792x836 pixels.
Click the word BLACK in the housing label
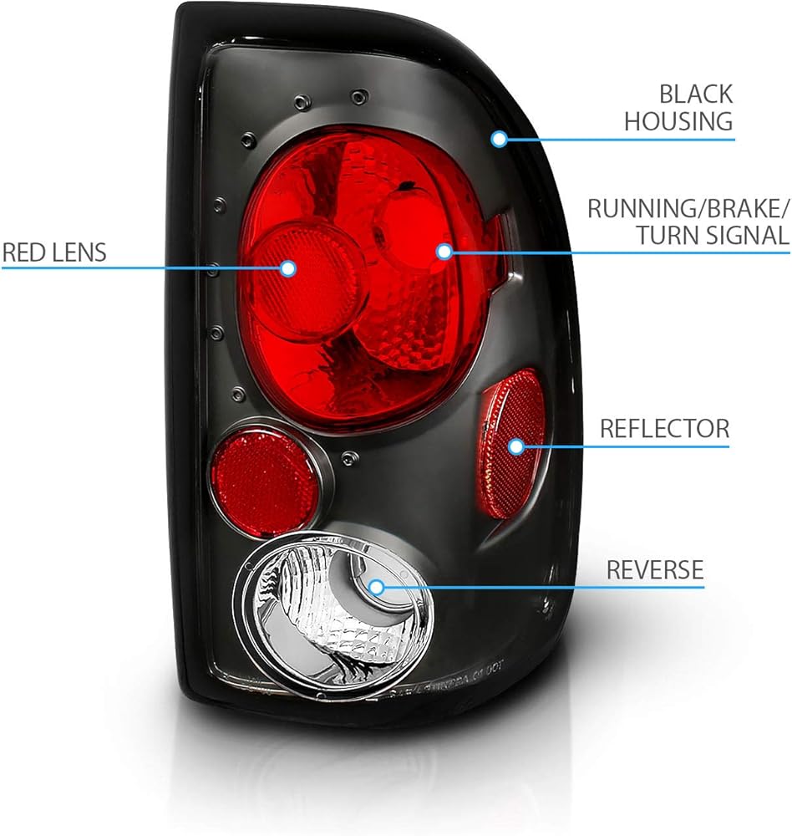click(696, 94)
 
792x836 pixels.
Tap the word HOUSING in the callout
click(678, 121)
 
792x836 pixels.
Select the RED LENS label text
click(54, 252)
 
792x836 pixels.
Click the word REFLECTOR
click(665, 429)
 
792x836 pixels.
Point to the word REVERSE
click(655, 570)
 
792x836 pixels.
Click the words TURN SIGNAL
click(713, 236)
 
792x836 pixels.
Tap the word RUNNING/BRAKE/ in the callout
click(687, 208)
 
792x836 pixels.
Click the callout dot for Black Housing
click(500, 140)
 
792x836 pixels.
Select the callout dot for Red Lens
click(288, 268)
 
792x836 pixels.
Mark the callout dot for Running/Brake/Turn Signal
click(444, 251)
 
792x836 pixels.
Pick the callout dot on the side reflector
click(516, 446)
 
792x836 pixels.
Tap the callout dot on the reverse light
click(376, 588)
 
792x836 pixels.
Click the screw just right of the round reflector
click(349, 457)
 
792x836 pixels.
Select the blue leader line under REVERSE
click(540, 588)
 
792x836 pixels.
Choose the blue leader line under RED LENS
click(145, 268)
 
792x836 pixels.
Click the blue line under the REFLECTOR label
click(622, 446)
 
